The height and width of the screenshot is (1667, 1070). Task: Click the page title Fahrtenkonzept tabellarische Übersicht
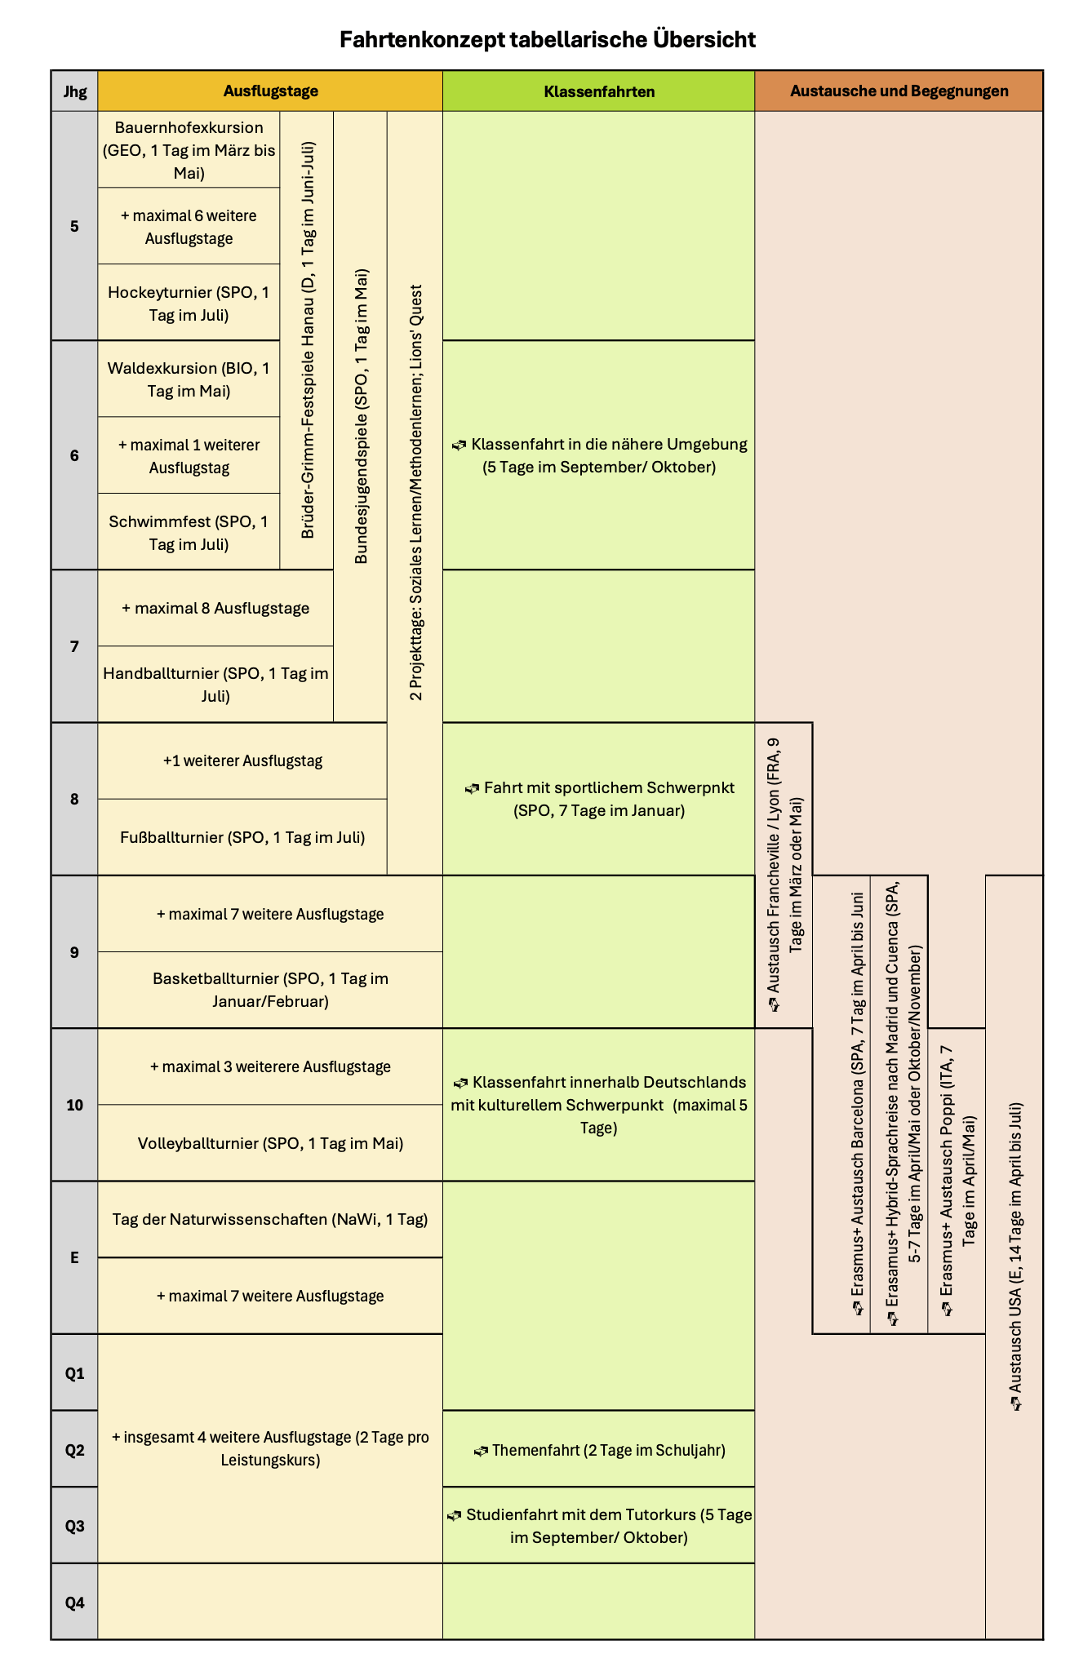point(547,39)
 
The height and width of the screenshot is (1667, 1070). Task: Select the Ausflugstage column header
point(270,91)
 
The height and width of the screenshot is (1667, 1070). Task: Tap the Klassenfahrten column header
point(598,91)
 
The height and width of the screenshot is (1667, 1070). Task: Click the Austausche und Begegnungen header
point(899,91)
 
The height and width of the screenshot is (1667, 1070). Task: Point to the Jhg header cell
point(74,91)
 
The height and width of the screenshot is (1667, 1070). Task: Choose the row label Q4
point(74,1602)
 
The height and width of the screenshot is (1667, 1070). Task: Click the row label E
point(74,1257)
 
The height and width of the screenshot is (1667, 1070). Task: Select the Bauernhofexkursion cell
point(189,150)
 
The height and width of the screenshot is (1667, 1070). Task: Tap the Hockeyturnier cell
point(189,303)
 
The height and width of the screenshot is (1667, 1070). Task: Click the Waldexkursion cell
point(189,379)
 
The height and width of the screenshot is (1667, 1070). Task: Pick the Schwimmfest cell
point(189,532)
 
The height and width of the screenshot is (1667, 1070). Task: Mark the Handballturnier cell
point(215,685)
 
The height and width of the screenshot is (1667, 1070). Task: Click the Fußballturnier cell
point(242,837)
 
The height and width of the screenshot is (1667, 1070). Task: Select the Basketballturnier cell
point(270,990)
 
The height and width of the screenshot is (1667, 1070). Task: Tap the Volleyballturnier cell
point(270,1143)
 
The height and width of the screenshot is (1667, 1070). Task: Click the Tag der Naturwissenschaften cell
point(270,1219)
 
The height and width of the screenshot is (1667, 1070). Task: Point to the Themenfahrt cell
point(599,1450)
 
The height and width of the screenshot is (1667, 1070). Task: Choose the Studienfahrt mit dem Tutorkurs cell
point(599,1526)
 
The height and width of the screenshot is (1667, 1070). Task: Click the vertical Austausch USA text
point(1015,1257)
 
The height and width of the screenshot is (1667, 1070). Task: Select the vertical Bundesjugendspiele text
point(361,416)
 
